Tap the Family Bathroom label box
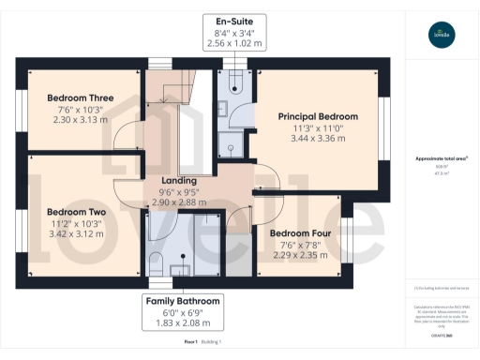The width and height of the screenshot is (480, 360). (x=183, y=312)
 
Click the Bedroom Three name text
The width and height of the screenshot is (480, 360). (x=81, y=97)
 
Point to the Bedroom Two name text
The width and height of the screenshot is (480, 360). (x=77, y=212)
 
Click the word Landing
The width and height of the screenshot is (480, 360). (x=178, y=180)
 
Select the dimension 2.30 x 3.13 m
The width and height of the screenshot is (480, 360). (x=81, y=120)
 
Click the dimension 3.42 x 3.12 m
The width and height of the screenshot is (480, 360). (x=77, y=234)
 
